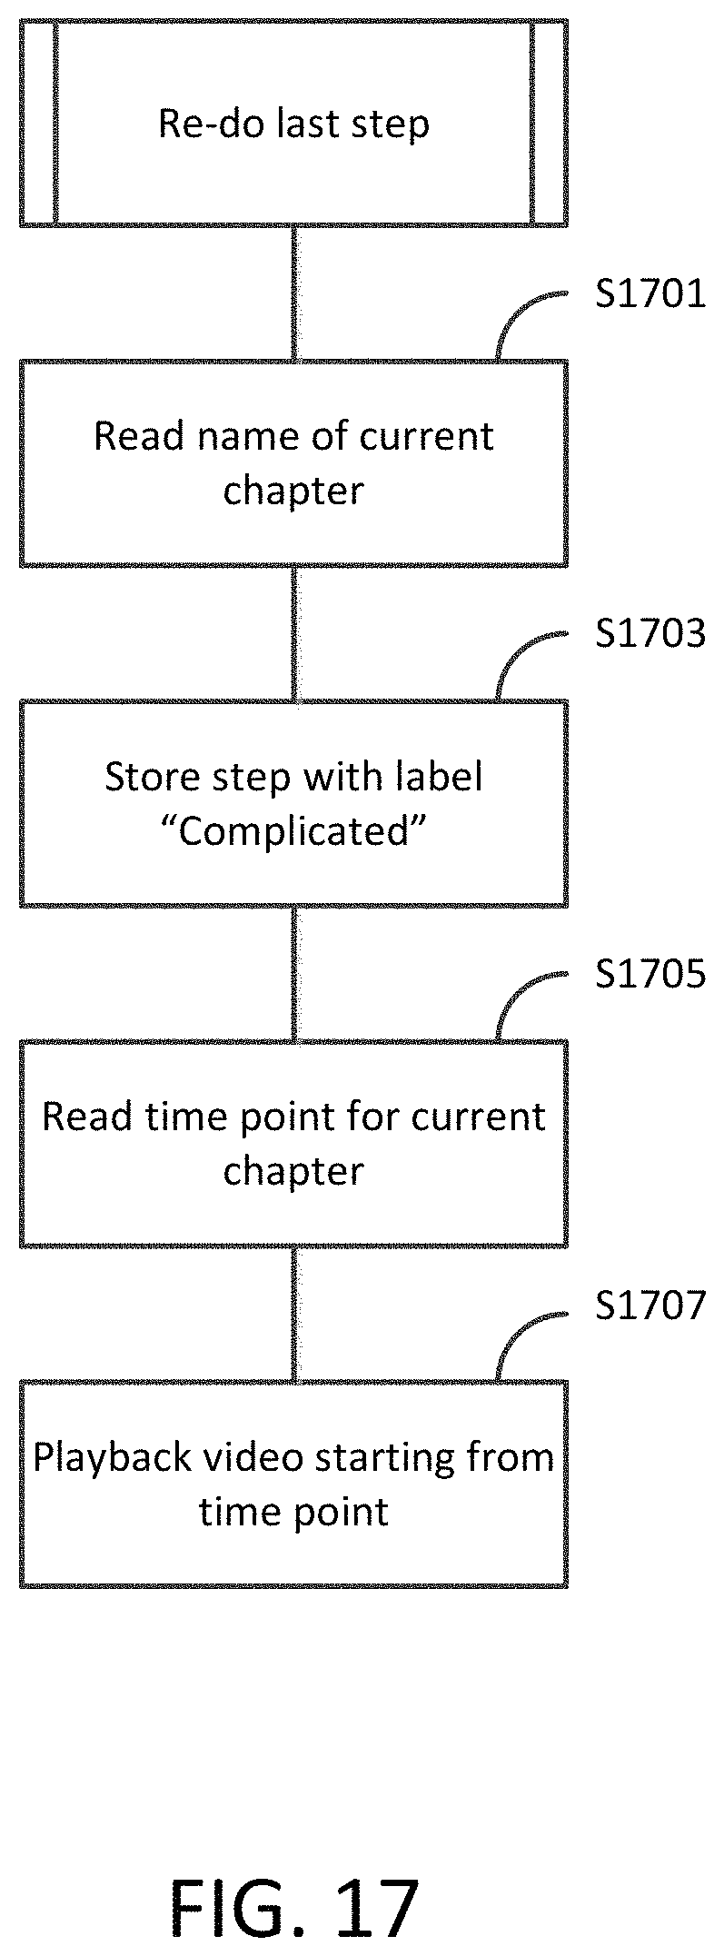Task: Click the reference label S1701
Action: coord(650,294)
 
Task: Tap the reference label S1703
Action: coord(650,634)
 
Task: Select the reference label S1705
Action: coord(650,974)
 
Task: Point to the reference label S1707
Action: coord(650,1305)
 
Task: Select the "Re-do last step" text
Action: coord(293,124)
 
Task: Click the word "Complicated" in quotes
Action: coord(293,830)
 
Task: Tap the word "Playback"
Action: coord(113,1458)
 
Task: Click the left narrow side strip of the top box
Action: coord(38,123)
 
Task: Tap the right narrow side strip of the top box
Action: coord(550,123)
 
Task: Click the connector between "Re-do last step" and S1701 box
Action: coord(293,293)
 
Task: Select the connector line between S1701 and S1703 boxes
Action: coord(293,633)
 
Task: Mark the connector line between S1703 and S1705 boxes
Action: coord(293,973)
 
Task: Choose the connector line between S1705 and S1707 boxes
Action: coord(293,1314)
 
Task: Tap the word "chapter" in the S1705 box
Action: coord(293,1171)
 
